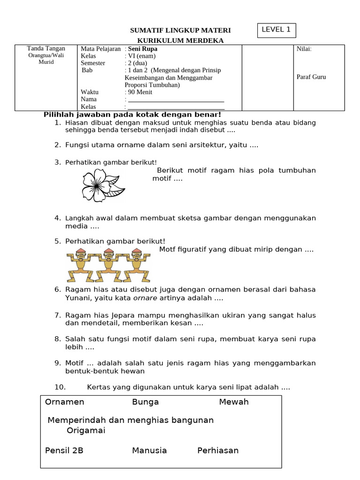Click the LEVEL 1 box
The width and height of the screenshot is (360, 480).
(x=276, y=30)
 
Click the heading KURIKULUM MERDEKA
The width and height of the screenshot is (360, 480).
(x=180, y=41)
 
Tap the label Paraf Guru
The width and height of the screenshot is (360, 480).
(x=311, y=77)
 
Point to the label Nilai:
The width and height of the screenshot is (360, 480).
(x=304, y=49)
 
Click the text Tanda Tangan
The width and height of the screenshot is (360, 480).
(x=46, y=48)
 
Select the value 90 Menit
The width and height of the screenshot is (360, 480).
(x=140, y=92)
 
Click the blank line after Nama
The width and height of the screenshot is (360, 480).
(x=176, y=100)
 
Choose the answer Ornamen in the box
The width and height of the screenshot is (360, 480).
(x=65, y=402)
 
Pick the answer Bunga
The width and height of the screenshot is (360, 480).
(x=145, y=402)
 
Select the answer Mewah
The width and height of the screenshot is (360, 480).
(x=233, y=402)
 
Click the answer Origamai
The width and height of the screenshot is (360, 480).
(x=86, y=430)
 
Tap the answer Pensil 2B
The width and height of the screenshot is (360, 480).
(x=64, y=450)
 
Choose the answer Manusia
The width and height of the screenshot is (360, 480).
(x=149, y=450)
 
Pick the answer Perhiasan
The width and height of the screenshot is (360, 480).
(x=218, y=450)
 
